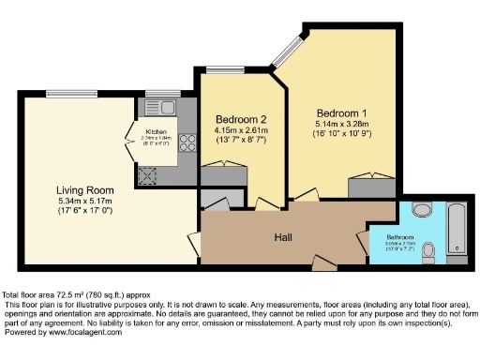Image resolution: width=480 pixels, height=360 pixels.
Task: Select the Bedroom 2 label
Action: point(241,119)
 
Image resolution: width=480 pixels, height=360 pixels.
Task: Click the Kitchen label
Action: point(156,131)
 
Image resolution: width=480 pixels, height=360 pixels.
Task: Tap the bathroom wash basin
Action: point(420,208)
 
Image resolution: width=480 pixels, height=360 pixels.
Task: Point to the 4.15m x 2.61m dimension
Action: point(241,130)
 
